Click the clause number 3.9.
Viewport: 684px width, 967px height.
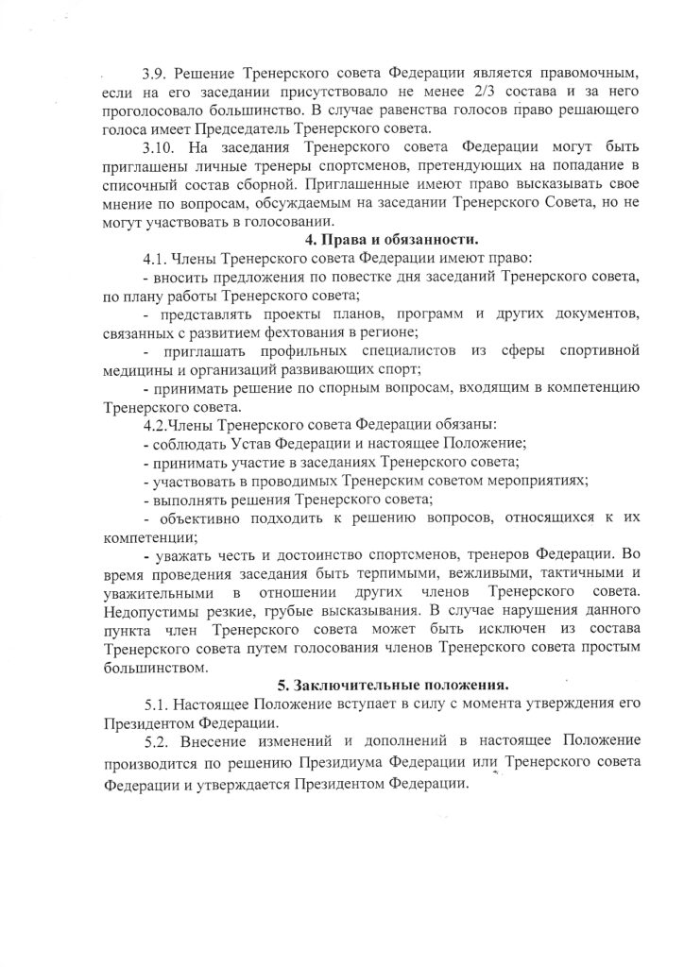156,73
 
